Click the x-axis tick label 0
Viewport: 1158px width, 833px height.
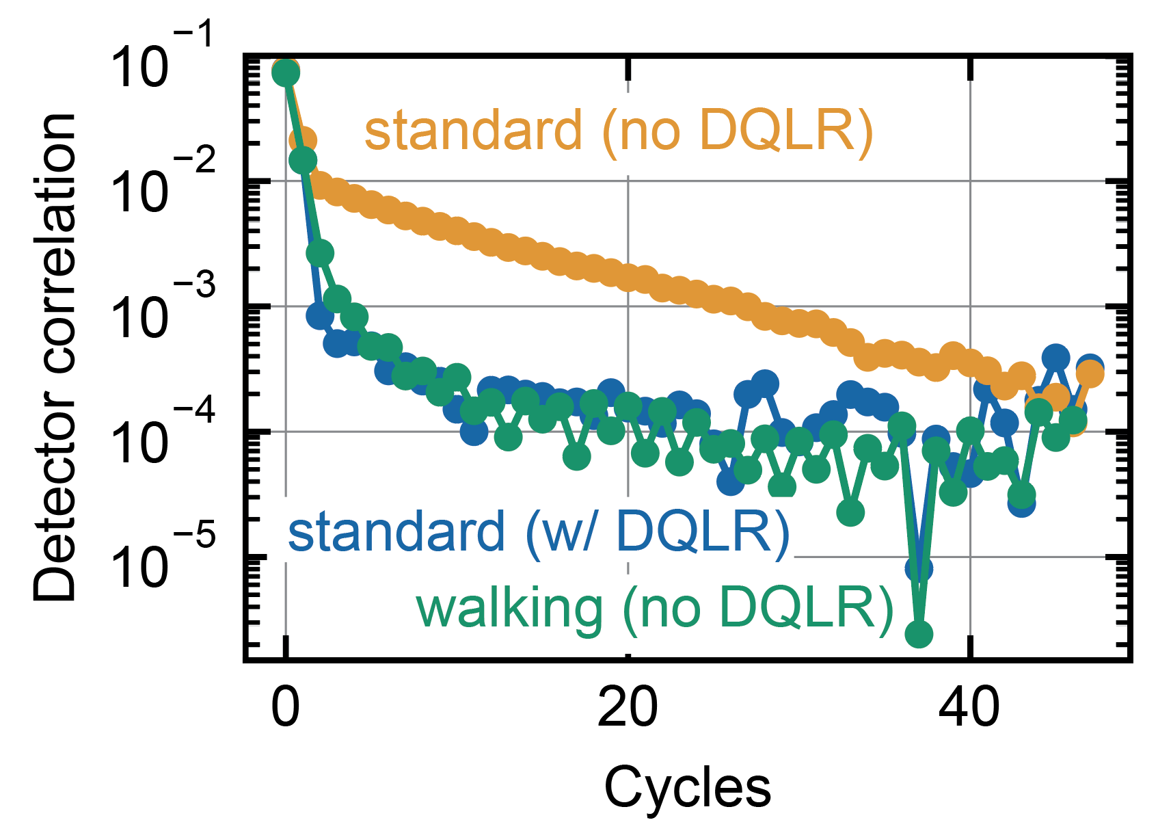[285, 709]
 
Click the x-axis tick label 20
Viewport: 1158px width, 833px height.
[628, 709]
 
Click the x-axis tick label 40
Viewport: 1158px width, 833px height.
[969, 709]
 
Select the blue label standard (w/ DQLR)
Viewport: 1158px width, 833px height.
[539, 532]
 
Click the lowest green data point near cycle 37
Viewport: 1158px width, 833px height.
[919, 634]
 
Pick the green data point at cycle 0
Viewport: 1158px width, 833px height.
[285, 72]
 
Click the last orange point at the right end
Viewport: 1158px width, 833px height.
[1090, 374]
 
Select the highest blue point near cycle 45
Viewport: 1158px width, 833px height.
[1055, 357]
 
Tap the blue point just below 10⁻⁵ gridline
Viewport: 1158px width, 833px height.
[919, 568]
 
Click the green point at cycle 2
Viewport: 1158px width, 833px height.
[320, 252]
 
